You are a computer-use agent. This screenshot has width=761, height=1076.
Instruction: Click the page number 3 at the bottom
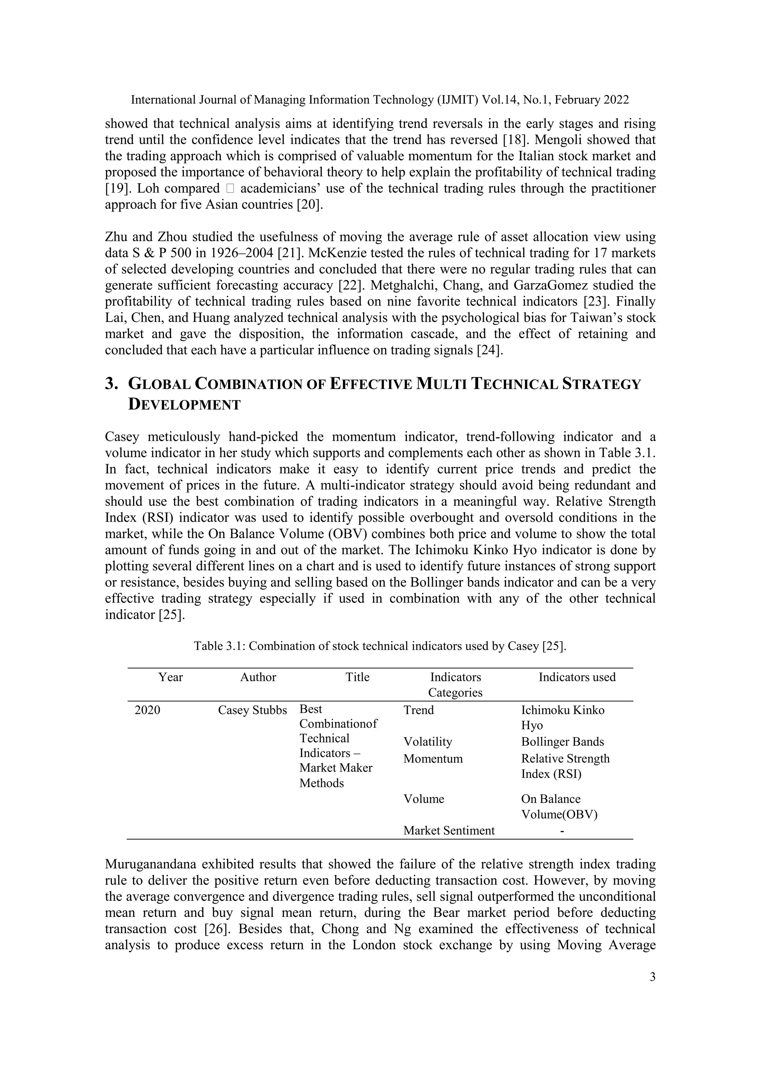point(652,977)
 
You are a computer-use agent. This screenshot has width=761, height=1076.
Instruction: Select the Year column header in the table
point(171,677)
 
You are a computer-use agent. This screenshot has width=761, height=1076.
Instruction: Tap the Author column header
point(258,677)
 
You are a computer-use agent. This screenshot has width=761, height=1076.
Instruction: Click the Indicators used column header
point(577,677)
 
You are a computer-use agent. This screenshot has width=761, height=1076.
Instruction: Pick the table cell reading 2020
point(147,710)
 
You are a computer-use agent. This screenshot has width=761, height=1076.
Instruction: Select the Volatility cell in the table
point(428,742)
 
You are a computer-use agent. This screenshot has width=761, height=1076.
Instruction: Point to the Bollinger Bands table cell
point(562,742)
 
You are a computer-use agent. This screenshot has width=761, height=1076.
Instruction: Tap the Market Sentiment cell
point(449,830)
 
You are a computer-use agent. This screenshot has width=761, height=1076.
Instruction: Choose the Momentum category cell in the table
point(433,759)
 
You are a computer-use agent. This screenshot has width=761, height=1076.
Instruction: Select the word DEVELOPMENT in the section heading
point(184,404)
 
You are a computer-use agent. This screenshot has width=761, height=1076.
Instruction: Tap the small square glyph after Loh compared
point(230,189)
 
